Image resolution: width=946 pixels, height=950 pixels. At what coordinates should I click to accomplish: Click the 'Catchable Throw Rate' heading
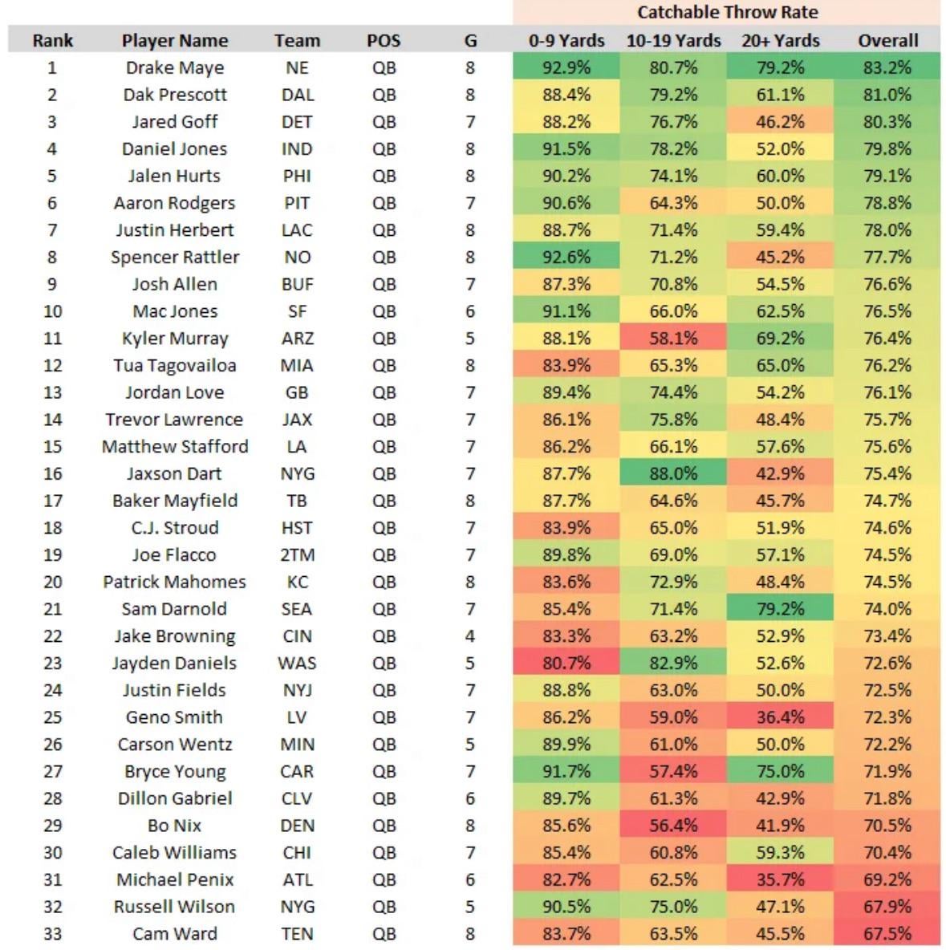click(727, 12)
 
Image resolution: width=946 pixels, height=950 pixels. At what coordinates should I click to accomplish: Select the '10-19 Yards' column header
click(673, 41)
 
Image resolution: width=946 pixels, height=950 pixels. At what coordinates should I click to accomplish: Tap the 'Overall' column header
click(887, 41)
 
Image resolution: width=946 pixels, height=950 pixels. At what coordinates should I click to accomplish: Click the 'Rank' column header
click(53, 41)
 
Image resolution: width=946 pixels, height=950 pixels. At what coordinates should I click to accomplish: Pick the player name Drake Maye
click(175, 68)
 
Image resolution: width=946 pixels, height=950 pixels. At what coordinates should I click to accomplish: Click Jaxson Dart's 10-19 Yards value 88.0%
click(673, 474)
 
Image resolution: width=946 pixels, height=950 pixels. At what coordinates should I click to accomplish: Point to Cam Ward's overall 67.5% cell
click(887, 934)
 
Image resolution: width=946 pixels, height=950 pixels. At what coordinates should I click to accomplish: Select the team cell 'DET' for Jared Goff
click(297, 122)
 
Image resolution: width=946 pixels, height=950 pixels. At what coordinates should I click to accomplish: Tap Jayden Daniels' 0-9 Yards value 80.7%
click(566, 664)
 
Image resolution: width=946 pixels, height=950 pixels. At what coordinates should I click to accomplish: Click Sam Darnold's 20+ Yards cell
click(780, 609)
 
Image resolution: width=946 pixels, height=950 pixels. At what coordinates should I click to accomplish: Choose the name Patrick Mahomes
click(175, 583)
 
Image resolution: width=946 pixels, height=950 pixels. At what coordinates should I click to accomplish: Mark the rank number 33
click(53, 934)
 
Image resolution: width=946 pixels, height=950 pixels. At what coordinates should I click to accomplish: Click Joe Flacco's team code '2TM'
click(297, 555)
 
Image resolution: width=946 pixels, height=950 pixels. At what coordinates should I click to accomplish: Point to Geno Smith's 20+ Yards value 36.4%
click(780, 717)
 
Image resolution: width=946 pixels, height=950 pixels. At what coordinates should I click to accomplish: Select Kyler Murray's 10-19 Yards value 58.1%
click(673, 339)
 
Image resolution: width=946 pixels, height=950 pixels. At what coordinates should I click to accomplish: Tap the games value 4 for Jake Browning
click(470, 636)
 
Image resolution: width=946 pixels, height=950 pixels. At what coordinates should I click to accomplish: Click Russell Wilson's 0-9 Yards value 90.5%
click(566, 907)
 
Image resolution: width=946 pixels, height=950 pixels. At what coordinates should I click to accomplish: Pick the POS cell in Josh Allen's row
click(384, 285)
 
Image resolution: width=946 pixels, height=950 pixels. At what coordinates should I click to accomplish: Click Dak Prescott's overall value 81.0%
click(887, 95)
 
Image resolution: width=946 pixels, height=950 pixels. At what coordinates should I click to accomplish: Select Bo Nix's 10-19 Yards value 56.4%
click(673, 826)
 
